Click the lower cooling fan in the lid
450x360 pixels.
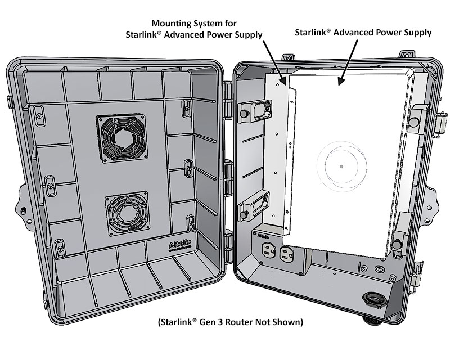tap(126, 214)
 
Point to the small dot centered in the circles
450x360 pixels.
tap(341, 166)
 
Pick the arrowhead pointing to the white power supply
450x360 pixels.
tap(339, 83)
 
